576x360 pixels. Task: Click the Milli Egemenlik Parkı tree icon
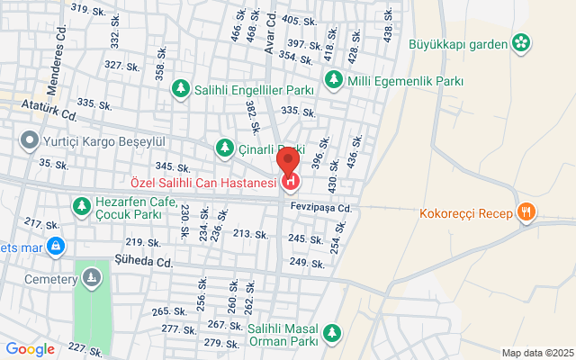tap(333, 80)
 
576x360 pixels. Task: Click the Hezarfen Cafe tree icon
tap(81, 206)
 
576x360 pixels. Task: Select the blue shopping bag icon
tap(56, 245)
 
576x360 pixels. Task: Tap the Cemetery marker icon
tap(90, 280)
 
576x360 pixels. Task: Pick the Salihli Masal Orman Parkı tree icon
tap(333, 334)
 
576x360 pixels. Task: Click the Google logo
tap(30, 349)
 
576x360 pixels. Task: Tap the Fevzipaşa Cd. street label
tap(319, 208)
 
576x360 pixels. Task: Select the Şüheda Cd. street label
tap(143, 262)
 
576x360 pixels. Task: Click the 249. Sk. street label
tap(306, 262)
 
